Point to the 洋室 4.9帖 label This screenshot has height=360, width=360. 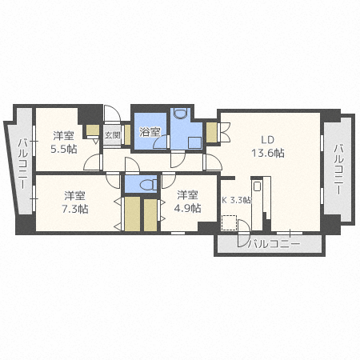[188, 202]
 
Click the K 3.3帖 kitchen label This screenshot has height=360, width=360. [236, 200]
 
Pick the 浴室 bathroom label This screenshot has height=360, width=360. [150, 133]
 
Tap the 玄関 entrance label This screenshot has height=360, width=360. [111, 135]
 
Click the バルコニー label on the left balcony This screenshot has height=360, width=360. [22, 160]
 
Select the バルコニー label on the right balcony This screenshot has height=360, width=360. [338, 170]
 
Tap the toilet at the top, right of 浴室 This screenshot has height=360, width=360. [179, 113]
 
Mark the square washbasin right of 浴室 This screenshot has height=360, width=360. [193, 138]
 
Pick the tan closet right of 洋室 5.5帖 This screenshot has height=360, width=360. [92, 131]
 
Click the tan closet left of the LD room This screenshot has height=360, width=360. [211, 130]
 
